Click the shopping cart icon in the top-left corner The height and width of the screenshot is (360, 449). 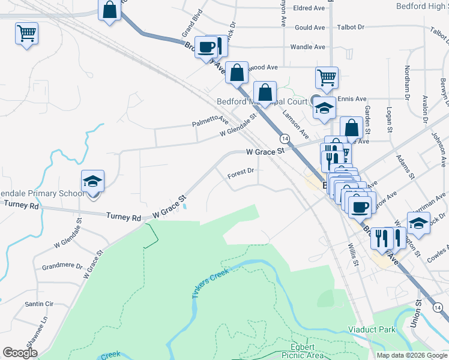tap(26, 34)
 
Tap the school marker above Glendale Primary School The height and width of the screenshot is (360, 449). tap(93, 181)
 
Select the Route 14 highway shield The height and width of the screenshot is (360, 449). tap(285, 139)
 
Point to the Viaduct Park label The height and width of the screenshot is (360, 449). tap(372, 329)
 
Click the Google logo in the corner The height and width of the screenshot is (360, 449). tap(20, 353)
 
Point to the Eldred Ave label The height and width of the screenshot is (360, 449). tap(309, 8)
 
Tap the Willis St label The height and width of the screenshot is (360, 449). tap(354, 254)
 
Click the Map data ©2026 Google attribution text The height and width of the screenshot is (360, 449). tap(411, 355)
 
